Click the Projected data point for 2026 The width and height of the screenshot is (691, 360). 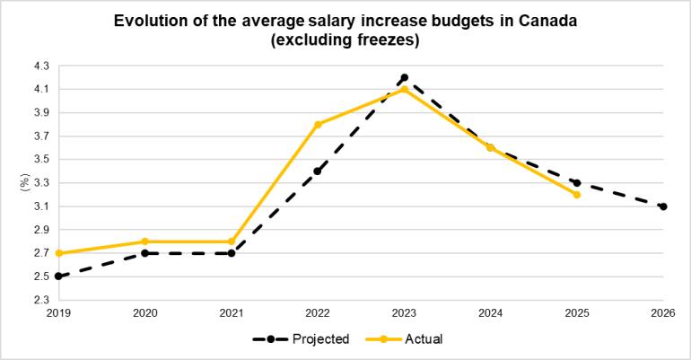pyautogui.click(x=663, y=206)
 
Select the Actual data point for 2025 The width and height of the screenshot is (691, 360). pyautogui.click(x=577, y=194)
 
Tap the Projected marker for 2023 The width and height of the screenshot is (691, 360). pyautogui.click(x=404, y=77)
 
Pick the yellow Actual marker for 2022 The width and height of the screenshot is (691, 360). pyautogui.click(x=318, y=124)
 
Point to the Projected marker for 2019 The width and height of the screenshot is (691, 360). pyautogui.click(x=58, y=277)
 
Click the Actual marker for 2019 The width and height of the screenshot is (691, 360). pyautogui.click(x=58, y=253)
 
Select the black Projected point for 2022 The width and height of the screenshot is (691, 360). pyautogui.click(x=318, y=171)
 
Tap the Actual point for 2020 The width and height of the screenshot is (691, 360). pyautogui.click(x=145, y=241)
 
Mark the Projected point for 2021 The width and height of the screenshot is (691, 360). pyautogui.click(x=232, y=253)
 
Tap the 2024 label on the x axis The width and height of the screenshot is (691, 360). pyautogui.click(x=490, y=312)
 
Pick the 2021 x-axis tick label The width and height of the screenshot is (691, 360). pyautogui.click(x=232, y=312)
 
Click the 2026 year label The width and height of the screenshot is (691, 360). pyautogui.click(x=663, y=312)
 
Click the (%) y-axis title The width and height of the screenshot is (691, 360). pyautogui.click(x=24, y=183)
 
